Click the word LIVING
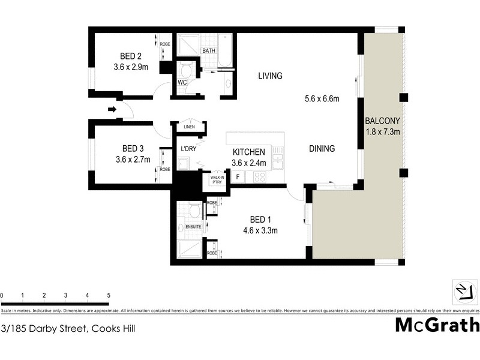(270, 76)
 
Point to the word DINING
(322, 149)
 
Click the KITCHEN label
(248, 152)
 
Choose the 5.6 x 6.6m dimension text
(322, 98)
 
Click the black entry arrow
(112, 109)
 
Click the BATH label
(209, 51)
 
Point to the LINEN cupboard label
(190, 127)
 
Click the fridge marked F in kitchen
(238, 177)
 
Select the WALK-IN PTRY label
(216, 179)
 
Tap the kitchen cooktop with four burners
(260, 177)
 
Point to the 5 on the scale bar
(109, 295)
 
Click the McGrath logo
(437, 325)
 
